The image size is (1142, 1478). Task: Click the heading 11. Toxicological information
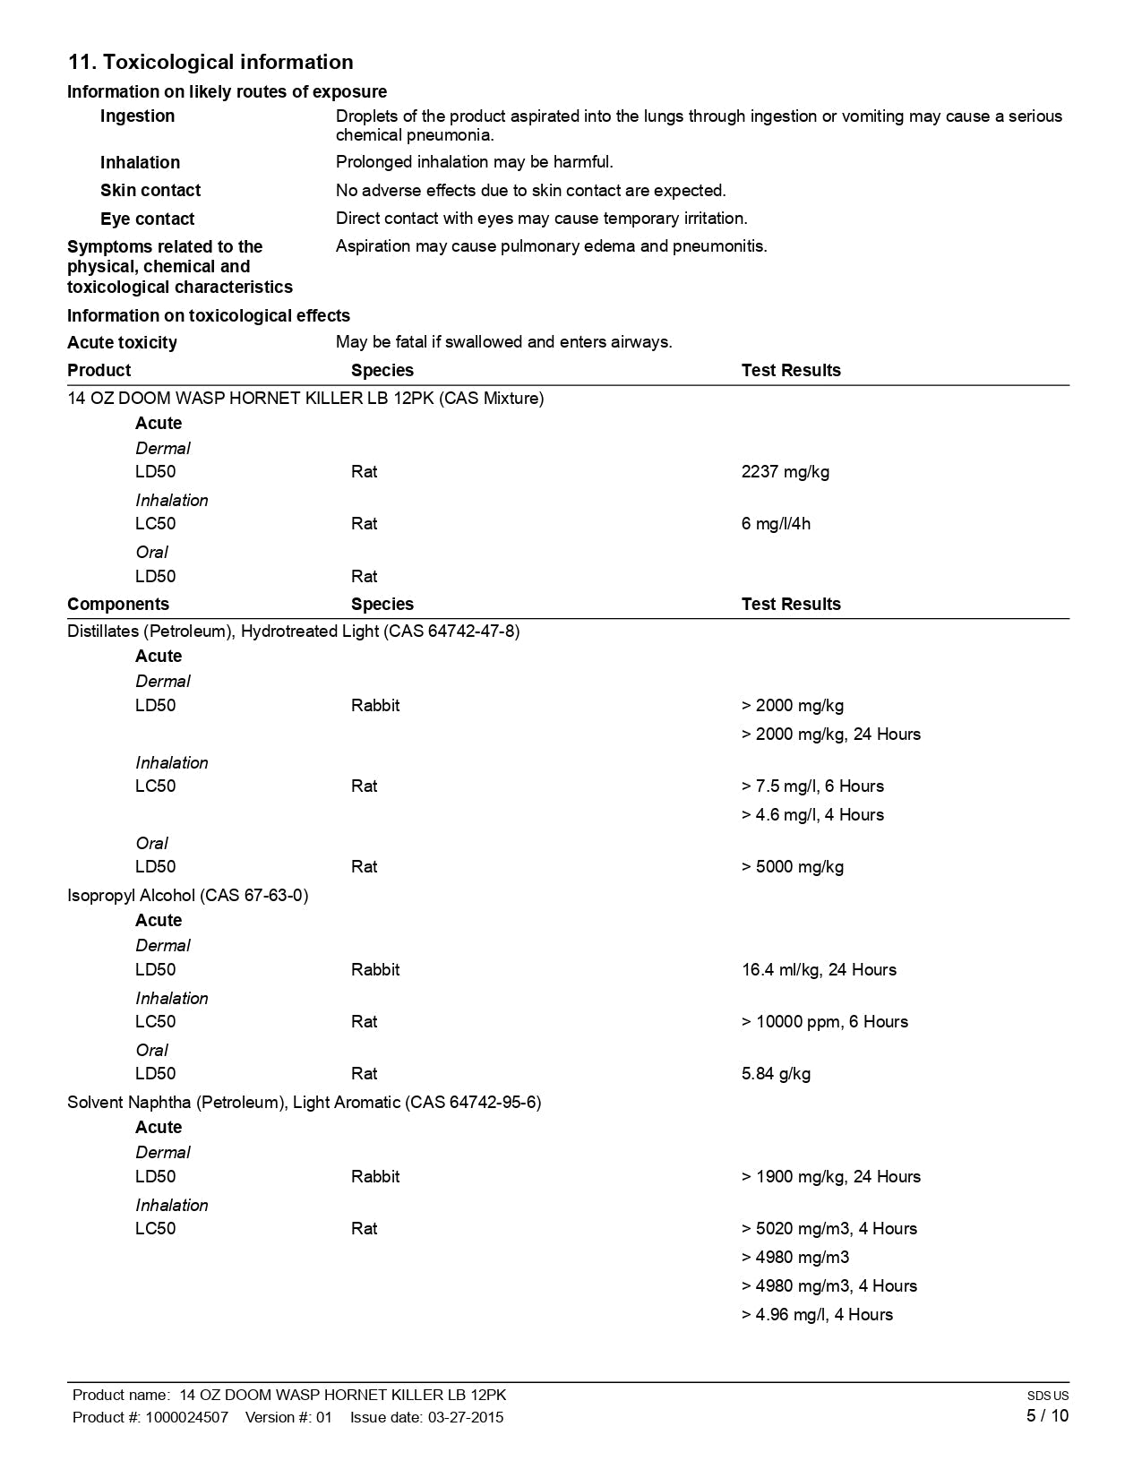pyautogui.click(x=210, y=62)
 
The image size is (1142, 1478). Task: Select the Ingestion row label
pyautogui.click(x=137, y=116)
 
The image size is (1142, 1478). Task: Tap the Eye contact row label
pyautogui.click(x=147, y=219)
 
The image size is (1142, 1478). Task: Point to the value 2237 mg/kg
pyautogui.click(x=785, y=472)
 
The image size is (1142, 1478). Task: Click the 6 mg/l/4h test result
pyautogui.click(x=776, y=524)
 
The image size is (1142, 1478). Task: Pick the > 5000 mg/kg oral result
pyautogui.click(x=793, y=867)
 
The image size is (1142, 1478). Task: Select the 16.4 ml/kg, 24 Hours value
pyautogui.click(x=819, y=970)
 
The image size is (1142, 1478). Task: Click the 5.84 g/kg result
pyautogui.click(x=776, y=1074)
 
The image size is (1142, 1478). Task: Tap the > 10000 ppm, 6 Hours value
pyautogui.click(x=824, y=1022)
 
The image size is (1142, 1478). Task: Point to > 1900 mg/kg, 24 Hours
pyautogui.click(x=830, y=1177)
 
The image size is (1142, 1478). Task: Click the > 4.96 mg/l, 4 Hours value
pyautogui.click(x=817, y=1315)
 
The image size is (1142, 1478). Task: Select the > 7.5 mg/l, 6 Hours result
pyautogui.click(x=812, y=786)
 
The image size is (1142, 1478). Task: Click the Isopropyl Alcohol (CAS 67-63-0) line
pyautogui.click(x=187, y=896)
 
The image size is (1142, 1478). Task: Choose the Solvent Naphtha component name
pyautogui.click(x=304, y=1103)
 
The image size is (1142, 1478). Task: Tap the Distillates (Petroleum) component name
pyautogui.click(x=293, y=632)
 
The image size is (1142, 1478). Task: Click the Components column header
pyautogui.click(x=117, y=605)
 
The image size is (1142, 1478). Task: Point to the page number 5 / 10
pyautogui.click(x=1047, y=1416)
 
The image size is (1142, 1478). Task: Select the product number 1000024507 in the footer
pyautogui.click(x=186, y=1417)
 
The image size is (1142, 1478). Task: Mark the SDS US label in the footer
pyautogui.click(x=1047, y=1396)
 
